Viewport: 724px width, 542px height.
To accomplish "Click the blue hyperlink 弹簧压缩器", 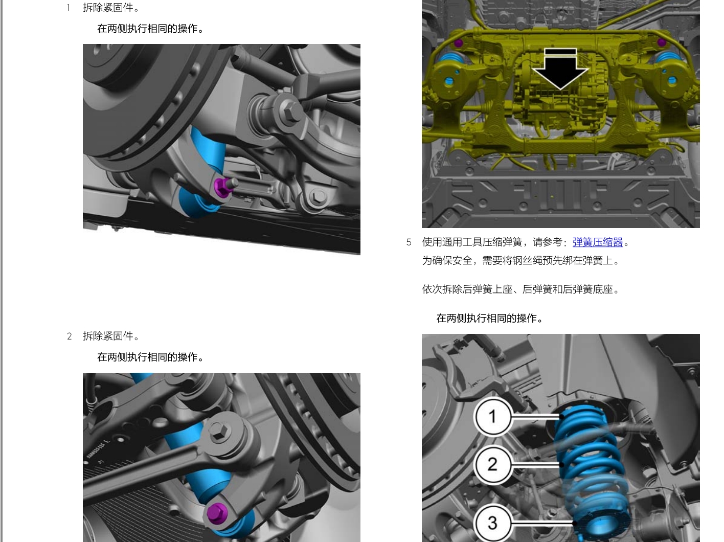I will point(597,242).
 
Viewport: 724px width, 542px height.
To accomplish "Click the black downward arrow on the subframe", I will point(560,69).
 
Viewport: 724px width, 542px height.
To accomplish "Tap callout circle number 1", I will point(492,416).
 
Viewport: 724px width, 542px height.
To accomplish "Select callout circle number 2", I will point(492,464).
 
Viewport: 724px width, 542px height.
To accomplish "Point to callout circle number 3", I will point(492,523).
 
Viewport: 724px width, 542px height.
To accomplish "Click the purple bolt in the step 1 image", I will point(221,187).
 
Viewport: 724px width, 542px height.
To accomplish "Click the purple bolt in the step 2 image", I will point(217,512).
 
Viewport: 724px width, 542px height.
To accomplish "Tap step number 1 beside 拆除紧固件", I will point(69,8).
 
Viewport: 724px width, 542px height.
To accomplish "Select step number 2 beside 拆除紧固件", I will point(70,336).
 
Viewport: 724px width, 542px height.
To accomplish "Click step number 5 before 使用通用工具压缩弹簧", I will point(409,242).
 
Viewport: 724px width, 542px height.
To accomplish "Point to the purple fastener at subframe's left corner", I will point(458,43).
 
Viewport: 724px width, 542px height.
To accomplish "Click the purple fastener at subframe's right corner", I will point(661,42).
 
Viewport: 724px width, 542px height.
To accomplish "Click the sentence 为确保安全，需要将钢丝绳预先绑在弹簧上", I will point(521,261).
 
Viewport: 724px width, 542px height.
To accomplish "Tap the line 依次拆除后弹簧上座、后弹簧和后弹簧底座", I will point(521,289).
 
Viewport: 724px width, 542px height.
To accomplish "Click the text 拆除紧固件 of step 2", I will point(111,336).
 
